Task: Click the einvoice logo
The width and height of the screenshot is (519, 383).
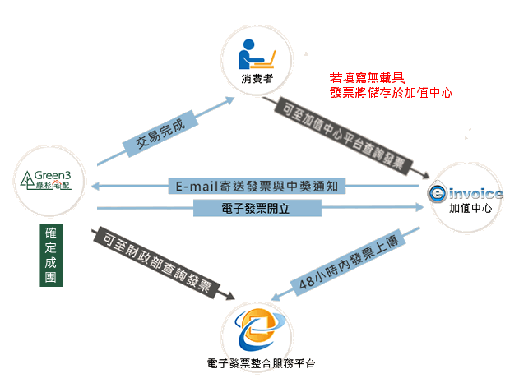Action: pos(466,194)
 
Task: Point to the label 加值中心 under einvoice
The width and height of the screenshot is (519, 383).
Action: pos(466,209)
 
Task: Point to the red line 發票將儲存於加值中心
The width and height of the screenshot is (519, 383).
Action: pos(392,93)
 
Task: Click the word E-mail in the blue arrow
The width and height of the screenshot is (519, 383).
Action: pos(197,187)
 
